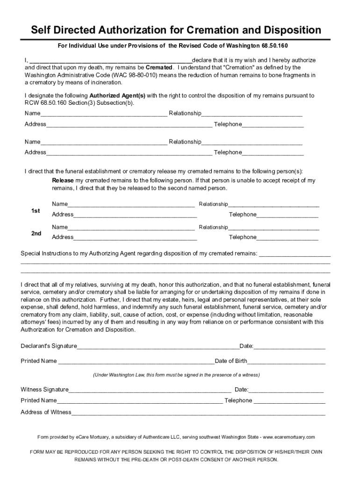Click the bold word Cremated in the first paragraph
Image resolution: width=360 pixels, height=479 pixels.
pyautogui.click(x=159, y=67)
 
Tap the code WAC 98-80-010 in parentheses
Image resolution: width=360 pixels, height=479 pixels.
pyautogui.click(x=135, y=75)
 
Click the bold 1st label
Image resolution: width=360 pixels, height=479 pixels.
pyautogui.click(x=36, y=211)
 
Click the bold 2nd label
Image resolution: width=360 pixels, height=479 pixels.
pyautogui.click(x=36, y=233)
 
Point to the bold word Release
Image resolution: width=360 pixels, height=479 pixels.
pyautogui.click(x=63, y=181)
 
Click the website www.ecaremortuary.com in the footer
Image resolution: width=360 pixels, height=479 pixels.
pyautogui.click(x=289, y=437)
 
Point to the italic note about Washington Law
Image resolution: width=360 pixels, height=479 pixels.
pyautogui.click(x=176, y=375)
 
